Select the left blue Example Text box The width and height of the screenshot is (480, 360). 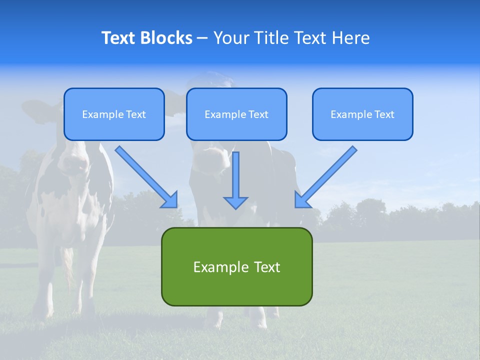tap(114, 114)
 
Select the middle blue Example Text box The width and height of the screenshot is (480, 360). tap(236, 114)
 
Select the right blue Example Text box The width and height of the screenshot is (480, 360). tap(362, 114)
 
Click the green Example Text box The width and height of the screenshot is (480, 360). tap(236, 266)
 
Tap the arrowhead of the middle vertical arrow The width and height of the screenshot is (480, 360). tap(235, 202)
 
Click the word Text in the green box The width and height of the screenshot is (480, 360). tap(266, 266)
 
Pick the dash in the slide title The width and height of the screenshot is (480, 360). tap(202, 38)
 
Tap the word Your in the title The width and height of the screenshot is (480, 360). tap(230, 38)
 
